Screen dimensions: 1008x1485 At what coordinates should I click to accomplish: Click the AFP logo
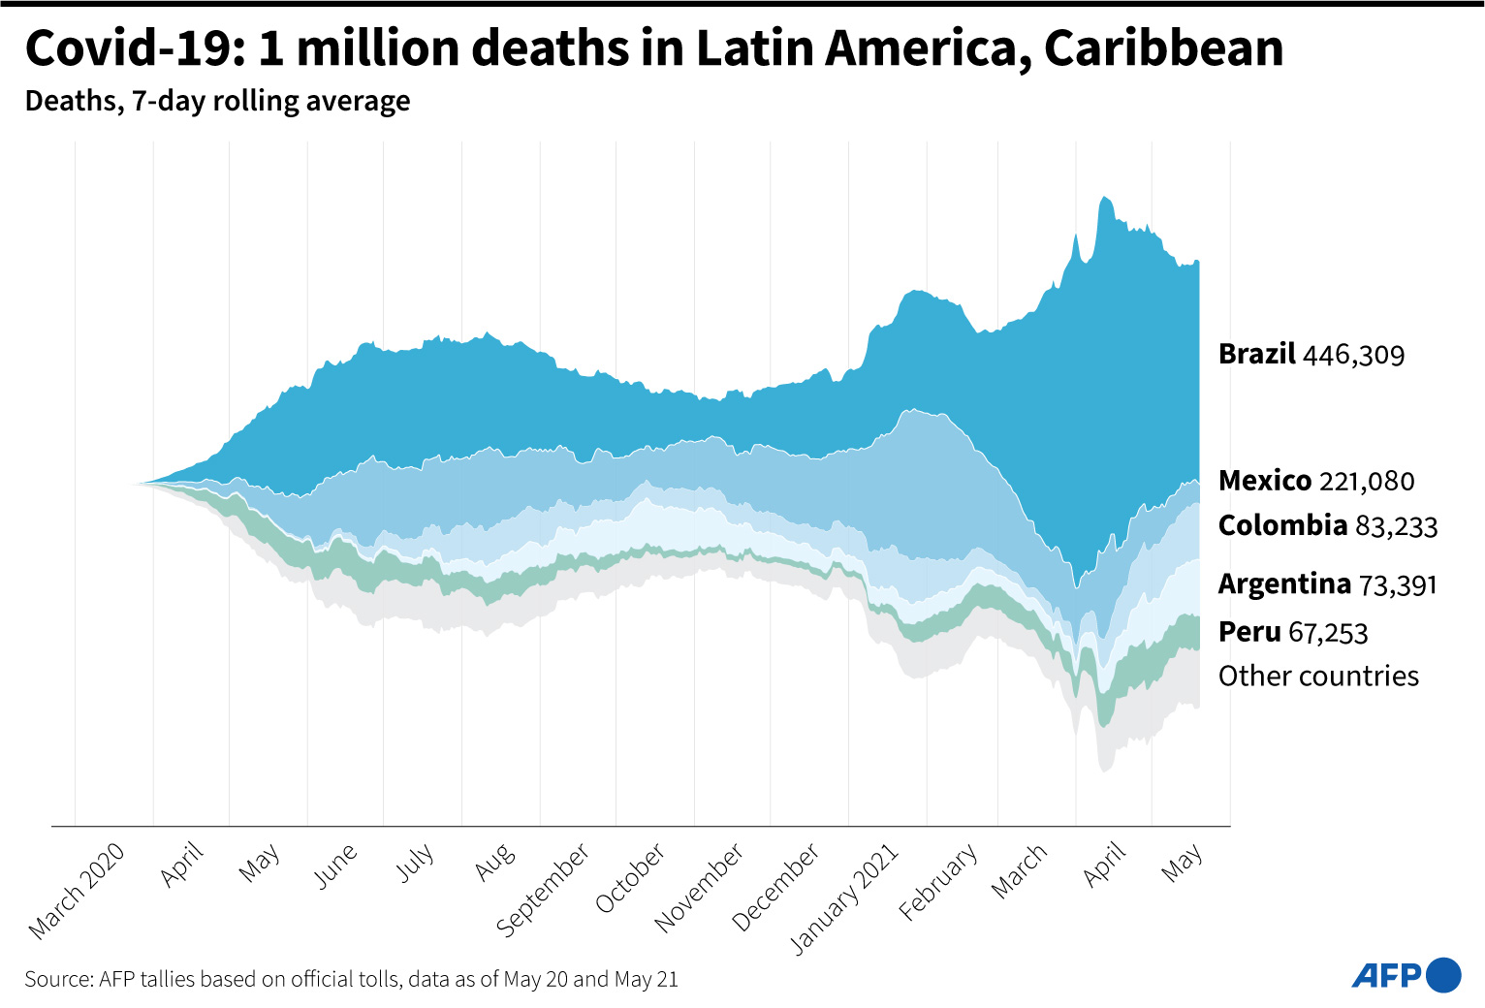pos(1406,975)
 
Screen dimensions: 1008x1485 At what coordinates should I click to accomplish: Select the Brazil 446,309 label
pos(1311,355)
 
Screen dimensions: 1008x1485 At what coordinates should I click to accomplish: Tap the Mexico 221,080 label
pos(1315,481)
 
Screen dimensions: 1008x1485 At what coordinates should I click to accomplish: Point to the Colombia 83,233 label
pos(1327,525)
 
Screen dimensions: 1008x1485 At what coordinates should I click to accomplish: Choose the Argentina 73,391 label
pos(1327,584)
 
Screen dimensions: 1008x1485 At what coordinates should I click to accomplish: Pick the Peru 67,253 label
pos(1292,632)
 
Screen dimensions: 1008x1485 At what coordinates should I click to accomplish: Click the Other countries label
pos(1318,676)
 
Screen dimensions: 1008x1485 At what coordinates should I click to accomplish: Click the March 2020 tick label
pos(77,891)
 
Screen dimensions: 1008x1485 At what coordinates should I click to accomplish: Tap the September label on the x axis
pos(543,890)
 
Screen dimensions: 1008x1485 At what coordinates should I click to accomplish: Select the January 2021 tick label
pos(844,898)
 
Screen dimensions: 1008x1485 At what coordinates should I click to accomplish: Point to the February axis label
pos(938,881)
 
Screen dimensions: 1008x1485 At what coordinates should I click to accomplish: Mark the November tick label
pos(699,887)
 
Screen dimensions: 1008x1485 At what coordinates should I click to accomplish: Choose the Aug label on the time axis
pos(494,862)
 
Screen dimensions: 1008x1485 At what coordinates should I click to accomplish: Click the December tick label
pos(775,887)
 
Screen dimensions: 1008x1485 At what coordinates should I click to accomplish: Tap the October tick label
pos(630,878)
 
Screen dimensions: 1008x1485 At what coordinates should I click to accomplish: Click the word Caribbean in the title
pos(1163,48)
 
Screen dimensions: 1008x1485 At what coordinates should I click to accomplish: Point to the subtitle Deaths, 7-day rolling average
pos(217,101)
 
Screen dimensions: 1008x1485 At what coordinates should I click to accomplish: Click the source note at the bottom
pos(351,979)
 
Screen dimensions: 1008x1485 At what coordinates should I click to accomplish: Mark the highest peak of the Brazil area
pos(1104,198)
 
